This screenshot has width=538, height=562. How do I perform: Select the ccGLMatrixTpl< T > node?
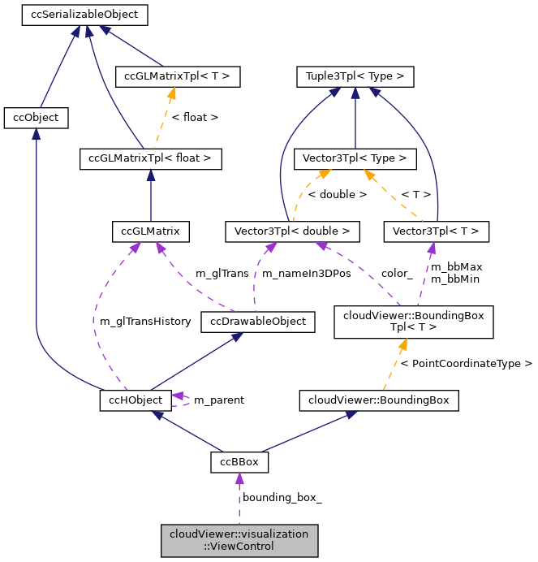click(178, 77)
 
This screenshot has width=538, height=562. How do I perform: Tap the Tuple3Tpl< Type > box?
click(355, 77)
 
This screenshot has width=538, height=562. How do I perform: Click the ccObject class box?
click(36, 118)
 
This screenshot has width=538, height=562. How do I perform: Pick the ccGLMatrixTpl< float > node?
click(150, 158)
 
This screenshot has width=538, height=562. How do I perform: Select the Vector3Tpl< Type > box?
click(355, 158)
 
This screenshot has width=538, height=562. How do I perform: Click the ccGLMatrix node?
click(150, 231)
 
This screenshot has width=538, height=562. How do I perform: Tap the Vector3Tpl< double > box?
click(291, 231)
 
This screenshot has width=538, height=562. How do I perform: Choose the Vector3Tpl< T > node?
click(437, 231)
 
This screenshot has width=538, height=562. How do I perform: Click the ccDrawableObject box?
click(258, 322)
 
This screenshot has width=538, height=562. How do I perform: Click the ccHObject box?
click(136, 400)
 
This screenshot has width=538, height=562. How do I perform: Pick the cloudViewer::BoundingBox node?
click(379, 400)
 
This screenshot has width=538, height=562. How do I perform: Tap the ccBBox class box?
click(239, 462)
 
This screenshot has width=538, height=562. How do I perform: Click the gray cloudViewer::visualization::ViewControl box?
click(239, 540)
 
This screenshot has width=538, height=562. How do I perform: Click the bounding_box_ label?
click(282, 497)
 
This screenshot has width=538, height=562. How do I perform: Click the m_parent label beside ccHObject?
click(218, 400)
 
